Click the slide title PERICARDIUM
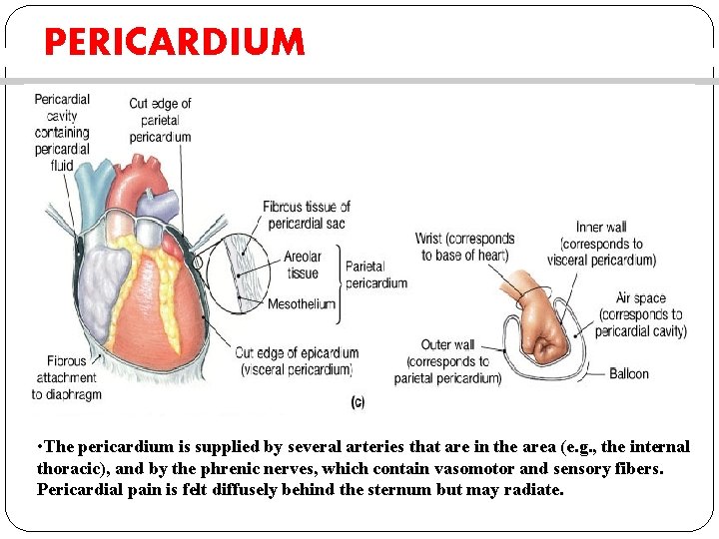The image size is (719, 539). pyautogui.click(x=174, y=42)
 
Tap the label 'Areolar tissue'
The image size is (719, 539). pyautogui.click(x=302, y=266)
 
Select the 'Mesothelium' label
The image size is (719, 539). pyautogui.click(x=302, y=304)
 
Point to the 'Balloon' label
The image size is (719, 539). pyautogui.click(x=629, y=374)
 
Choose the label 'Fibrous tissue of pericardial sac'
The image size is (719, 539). pyautogui.click(x=307, y=215)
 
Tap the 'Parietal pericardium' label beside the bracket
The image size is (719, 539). pyautogui.click(x=376, y=274)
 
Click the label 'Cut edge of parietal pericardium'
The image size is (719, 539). pyautogui.click(x=160, y=120)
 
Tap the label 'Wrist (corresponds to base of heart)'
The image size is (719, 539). pyautogui.click(x=464, y=247)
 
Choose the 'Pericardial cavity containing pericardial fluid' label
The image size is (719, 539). pyautogui.click(x=62, y=132)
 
